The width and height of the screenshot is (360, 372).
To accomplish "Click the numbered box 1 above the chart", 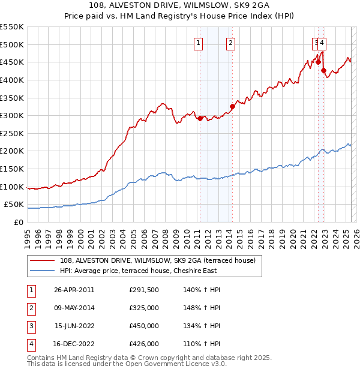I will pyautogui.click(x=198, y=43).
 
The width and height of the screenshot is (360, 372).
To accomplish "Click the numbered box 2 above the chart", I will pyautogui.click(x=230, y=43).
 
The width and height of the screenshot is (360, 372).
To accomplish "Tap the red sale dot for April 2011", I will pyautogui.click(x=200, y=118).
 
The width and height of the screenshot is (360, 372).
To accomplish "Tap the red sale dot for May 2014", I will pyautogui.click(x=232, y=107).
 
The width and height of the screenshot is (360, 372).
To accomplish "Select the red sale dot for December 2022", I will pyautogui.click(x=323, y=70).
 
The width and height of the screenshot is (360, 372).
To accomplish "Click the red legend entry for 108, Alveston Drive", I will pyautogui.click(x=158, y=260).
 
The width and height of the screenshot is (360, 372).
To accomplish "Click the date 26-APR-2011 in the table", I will pyautogui.click(x=74, y=290).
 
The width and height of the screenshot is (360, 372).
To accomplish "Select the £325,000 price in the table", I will pyautogui.click(x=144, y=308).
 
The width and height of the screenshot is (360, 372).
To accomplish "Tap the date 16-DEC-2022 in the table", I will pyautogui.click(x=74, y=344).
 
